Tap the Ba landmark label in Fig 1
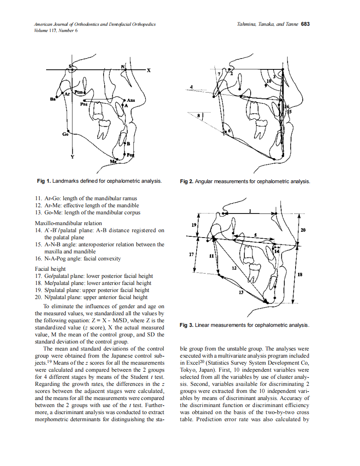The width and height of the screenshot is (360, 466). click(52, 99)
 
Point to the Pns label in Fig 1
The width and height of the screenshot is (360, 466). click(84, 105)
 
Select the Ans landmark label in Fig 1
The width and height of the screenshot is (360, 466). click(131, 101)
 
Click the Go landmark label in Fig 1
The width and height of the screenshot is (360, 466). click(65, 134)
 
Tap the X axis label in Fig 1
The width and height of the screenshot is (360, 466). click(148, 70)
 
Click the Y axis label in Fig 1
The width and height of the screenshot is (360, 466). click(73, 157)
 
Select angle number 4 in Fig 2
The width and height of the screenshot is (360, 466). click(191, 86)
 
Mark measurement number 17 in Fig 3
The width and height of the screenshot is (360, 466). click(192, 254)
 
